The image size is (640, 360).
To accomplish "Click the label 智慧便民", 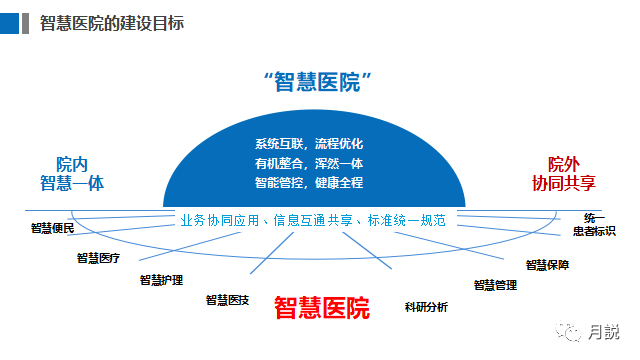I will pyautogui.click(x=52, y=228).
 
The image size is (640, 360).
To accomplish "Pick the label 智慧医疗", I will pyautogui.click(x=98, y=258).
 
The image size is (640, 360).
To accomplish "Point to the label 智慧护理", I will pyautogui.click(x=161, y=280).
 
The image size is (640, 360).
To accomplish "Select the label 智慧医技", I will pyautogui.click(x=227, y=299).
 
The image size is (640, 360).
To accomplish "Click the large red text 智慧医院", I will pyautogui.click(x=321, y=307).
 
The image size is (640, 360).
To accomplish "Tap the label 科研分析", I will pyautogui.click(x=426, y=305).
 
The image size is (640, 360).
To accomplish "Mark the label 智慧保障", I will pyautogui.click(x=547, y=265).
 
